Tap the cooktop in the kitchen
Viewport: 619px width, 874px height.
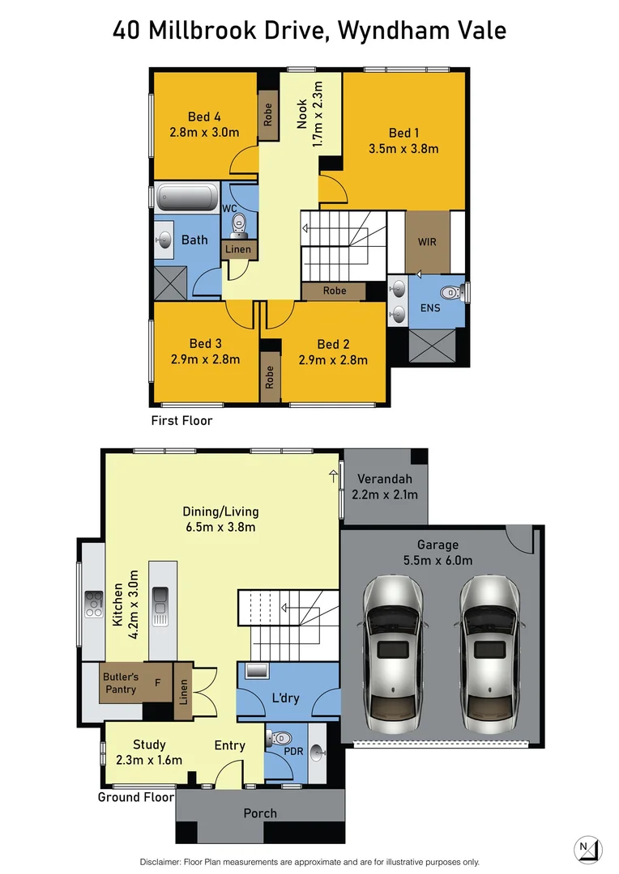[x=94, y=604]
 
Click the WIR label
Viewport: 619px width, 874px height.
[x=427, y=242]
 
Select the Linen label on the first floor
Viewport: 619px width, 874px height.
[x=238, y=250]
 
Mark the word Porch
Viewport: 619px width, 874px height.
[x=260, y=813]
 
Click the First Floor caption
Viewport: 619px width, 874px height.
[x=181, y=421]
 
